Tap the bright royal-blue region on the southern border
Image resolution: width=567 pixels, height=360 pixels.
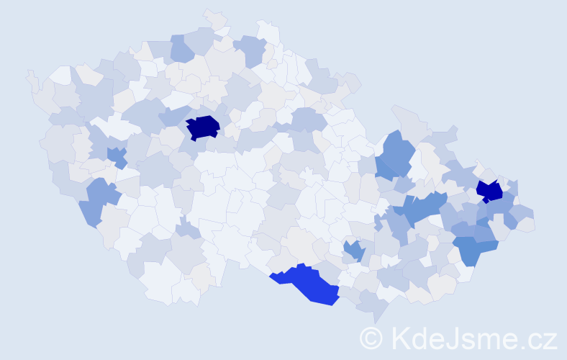pos(306,282)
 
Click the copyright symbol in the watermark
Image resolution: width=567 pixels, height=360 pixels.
pos(371,338)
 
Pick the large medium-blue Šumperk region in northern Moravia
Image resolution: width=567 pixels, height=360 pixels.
pos(396,155)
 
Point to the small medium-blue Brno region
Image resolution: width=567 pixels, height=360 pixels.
pos(353,250)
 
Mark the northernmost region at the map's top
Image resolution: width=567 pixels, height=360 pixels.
pos(214,17)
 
